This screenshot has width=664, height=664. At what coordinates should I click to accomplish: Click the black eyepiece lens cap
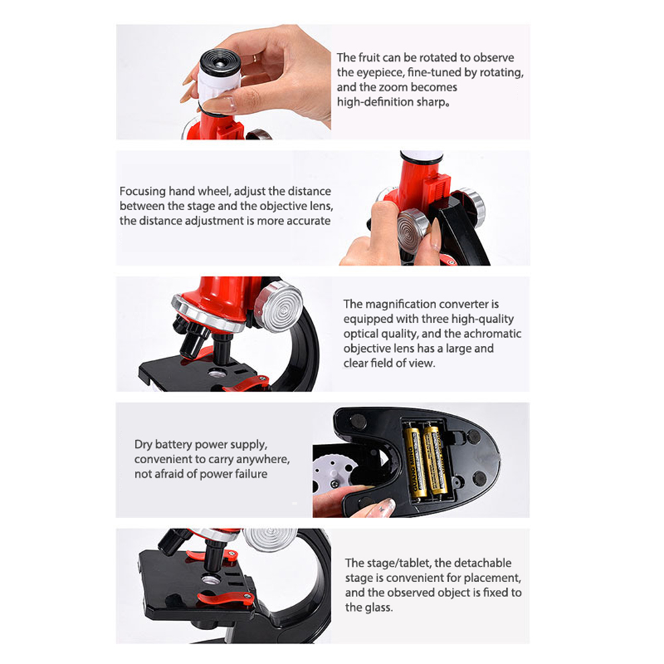click(219, 62)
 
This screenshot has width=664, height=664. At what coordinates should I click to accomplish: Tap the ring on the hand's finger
click(254, 58)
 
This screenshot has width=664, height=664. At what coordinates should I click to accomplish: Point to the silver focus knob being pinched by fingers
click(414, 231)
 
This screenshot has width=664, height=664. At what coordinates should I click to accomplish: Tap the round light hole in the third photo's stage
click(217, 374)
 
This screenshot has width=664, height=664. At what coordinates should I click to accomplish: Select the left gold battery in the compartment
click(415, 464)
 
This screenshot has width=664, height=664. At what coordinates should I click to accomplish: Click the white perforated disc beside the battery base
click(333, 473)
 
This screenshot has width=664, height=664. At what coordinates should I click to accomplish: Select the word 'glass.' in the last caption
click(369, 608)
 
